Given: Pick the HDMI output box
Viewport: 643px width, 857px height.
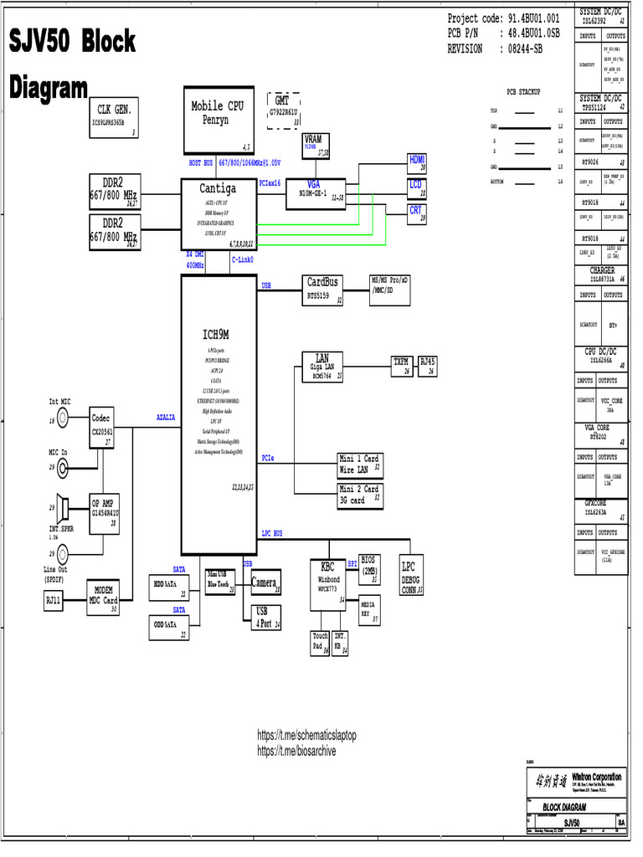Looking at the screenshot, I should pyautogui.click(x=417, y=163).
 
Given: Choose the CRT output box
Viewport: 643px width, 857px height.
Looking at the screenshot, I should pyautogui.click(x=416, y=213).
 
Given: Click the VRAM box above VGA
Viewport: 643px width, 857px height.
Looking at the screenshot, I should pyautogui.click(x=316, y=145).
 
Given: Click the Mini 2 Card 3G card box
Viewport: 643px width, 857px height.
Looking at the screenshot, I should pyautogui.click(x=359, y=494).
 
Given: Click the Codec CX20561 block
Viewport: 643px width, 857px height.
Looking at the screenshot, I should pyautogui.click(x=101, y=426).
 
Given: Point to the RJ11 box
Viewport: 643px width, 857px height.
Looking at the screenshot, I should pyautogui.click(x=54, y=600).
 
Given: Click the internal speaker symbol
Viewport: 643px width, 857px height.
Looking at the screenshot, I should pyautogui.click(x=61, y=507).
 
